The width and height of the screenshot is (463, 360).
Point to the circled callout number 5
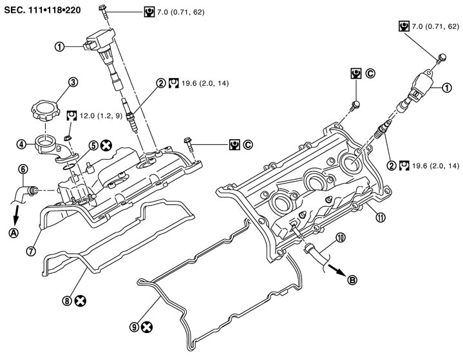[93, 146]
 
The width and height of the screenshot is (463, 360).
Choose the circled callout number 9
[133, 327]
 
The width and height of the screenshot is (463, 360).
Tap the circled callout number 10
[341, 237]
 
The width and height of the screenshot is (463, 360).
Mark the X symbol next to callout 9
[147, 327]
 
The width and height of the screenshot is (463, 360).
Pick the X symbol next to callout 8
[80, 301]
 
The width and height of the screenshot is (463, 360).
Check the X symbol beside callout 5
[108, 146]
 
